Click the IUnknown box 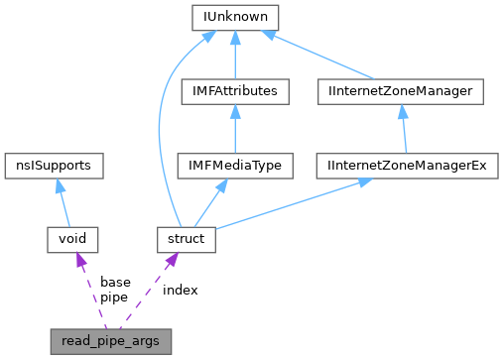235,17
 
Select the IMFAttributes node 235,91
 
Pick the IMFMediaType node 235,165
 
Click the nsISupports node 54,165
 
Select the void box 74,239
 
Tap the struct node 186,239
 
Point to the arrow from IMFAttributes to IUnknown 235,55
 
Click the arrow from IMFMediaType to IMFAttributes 235,128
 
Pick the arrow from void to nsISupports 64,202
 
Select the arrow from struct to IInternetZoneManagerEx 298,201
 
